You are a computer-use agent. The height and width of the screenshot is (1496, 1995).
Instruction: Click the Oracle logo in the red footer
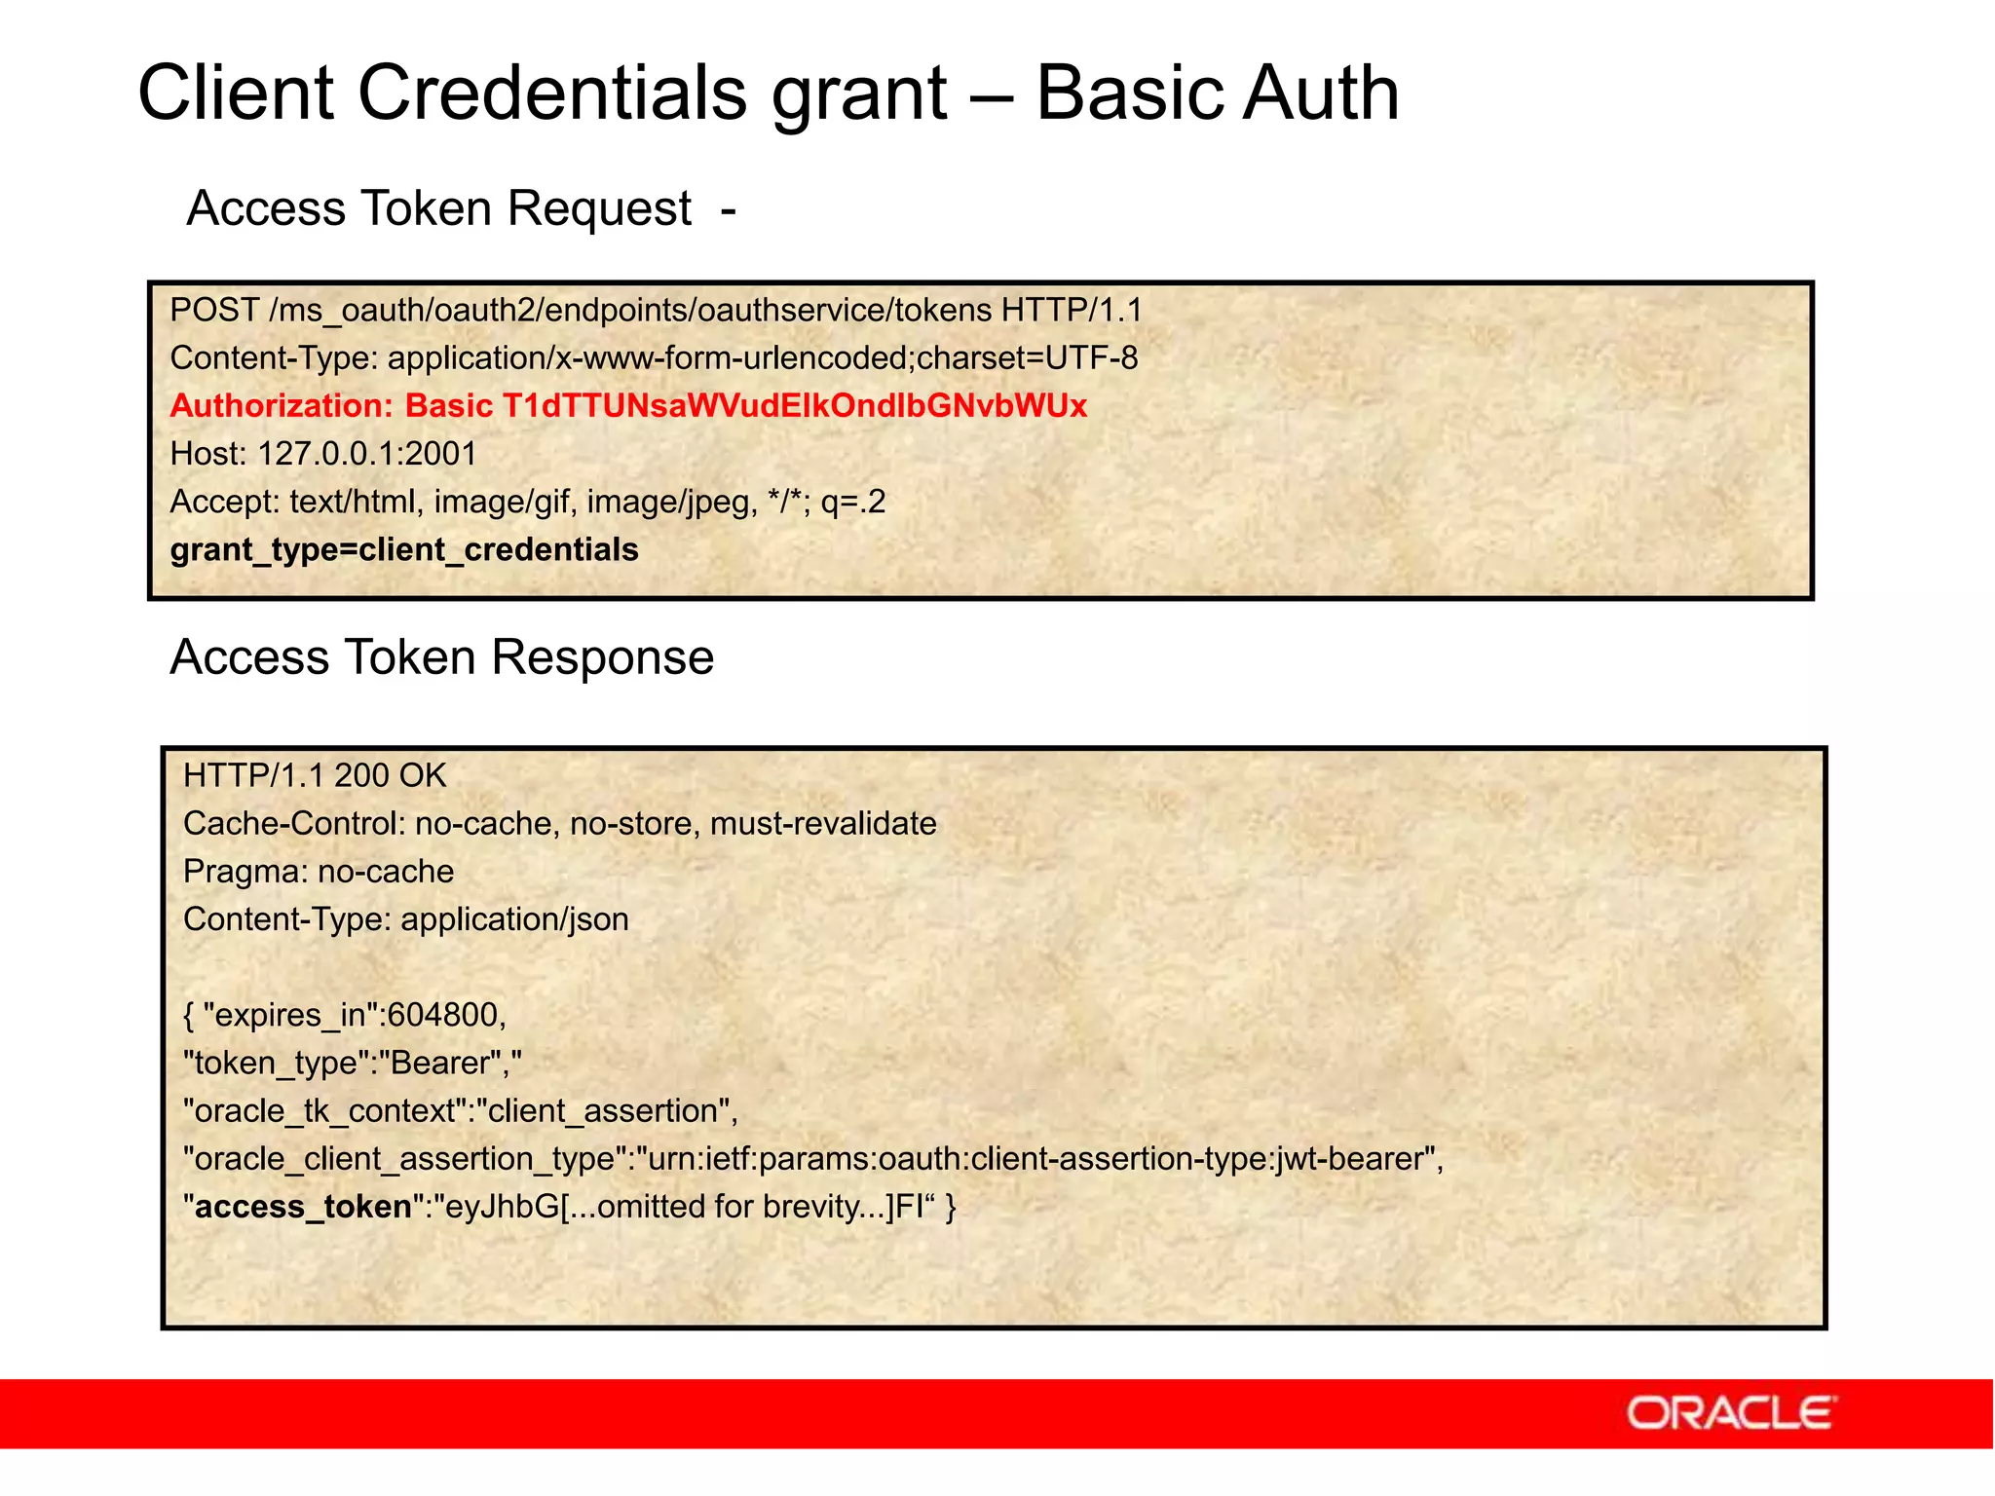point(1730,1413)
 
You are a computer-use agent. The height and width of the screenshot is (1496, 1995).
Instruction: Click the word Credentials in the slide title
point(553,93)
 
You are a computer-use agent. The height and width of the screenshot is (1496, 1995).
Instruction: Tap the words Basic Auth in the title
point(1217,93)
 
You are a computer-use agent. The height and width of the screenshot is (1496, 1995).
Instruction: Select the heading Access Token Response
point(441,657)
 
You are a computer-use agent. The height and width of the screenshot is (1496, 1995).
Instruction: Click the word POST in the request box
point(214,311)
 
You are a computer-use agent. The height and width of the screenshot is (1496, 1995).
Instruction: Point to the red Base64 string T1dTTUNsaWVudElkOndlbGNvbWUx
point(794,406)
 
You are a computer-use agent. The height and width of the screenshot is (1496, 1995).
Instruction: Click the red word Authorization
point(281,406)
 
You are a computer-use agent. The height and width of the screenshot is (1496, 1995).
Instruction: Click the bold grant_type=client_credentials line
point(404,550)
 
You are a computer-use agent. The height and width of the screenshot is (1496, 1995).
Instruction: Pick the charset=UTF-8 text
point(1028,358)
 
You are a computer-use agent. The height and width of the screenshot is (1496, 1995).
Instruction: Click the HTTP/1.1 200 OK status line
point(315,776)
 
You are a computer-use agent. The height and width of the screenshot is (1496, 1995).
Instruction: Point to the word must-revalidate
point(823,824)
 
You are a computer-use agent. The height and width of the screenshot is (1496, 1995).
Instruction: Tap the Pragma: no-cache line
point(319,872)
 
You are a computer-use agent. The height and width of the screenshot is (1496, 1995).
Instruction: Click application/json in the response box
point(514,919)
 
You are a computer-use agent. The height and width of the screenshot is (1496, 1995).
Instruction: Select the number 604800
point(442,1015)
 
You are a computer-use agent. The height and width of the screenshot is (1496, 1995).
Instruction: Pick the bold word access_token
point(303,1207)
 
